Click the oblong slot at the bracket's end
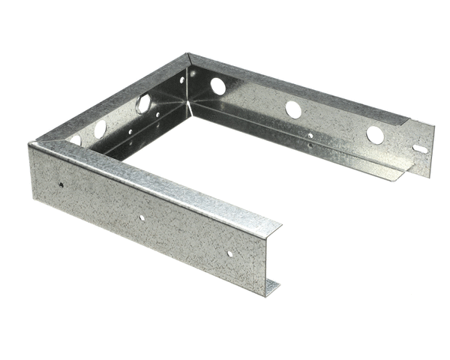[421, 148]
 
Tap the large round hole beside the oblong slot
[375, 135]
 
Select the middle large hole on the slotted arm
[293, 109]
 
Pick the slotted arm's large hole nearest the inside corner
[218, 86]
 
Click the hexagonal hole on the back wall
[143, 103]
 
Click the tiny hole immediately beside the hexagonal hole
[159, 96]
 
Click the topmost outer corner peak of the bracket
[187, 54]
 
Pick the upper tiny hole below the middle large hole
[310, 136]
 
